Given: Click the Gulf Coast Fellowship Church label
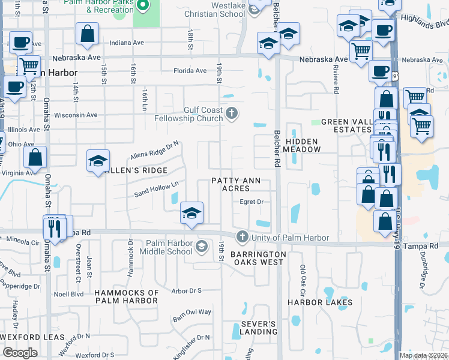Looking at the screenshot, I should click(x=203, y=113).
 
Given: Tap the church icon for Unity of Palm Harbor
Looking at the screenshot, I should click(x=242, y=237).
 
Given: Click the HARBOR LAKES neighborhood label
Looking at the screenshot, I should click(x=320, y=302).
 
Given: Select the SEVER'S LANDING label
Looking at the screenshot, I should click(x=259, y=328).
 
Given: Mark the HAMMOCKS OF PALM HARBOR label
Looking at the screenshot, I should click(x=127, y=296).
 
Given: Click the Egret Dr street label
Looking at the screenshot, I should click(x=252, y=202).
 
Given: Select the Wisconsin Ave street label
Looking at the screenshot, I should click(x=76, y=115).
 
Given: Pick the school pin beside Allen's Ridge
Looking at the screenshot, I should click(x=98, y=160).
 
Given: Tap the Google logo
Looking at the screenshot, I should click(x=20, y=353).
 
